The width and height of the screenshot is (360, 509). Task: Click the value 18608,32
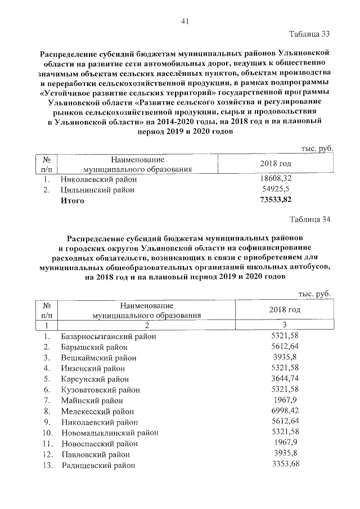pyautogui.click(x=276, y=179)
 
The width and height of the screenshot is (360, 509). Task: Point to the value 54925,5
pyautogui.click(x=276, y=190)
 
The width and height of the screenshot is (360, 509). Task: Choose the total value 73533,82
pyautogui.click(x=276, y=201)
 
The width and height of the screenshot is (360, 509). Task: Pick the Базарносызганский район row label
pyautogui.click(x=108, y=336)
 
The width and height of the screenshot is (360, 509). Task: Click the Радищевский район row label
pyautogui.click(x=98, y=465)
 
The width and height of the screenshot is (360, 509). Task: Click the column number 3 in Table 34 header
pyautogui.click(x=285, y=325)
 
